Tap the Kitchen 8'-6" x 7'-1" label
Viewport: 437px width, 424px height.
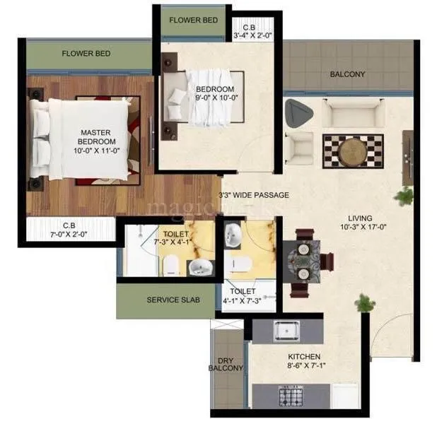[304, 361]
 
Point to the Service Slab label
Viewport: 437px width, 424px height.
[173, 300]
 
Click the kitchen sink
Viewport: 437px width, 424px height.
[287, 331]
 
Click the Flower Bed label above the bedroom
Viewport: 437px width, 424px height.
[193, 20]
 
